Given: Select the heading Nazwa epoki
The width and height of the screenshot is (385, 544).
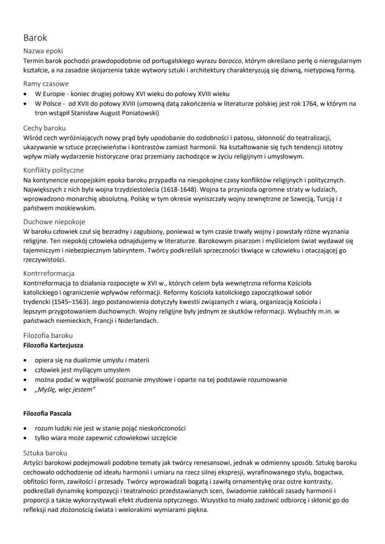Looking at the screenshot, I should [43, 51].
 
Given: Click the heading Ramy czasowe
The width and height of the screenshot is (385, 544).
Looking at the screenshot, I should [46, 84].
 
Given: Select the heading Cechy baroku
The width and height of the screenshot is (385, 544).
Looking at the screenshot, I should [45, 127].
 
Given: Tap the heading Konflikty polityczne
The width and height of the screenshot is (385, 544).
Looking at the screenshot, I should [53, 170].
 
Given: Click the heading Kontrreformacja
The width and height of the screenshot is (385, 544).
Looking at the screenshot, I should [49, 273].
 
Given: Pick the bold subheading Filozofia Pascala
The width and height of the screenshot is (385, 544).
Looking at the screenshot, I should [47, 413].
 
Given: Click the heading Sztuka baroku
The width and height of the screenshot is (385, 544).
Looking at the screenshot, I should [46, 452].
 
